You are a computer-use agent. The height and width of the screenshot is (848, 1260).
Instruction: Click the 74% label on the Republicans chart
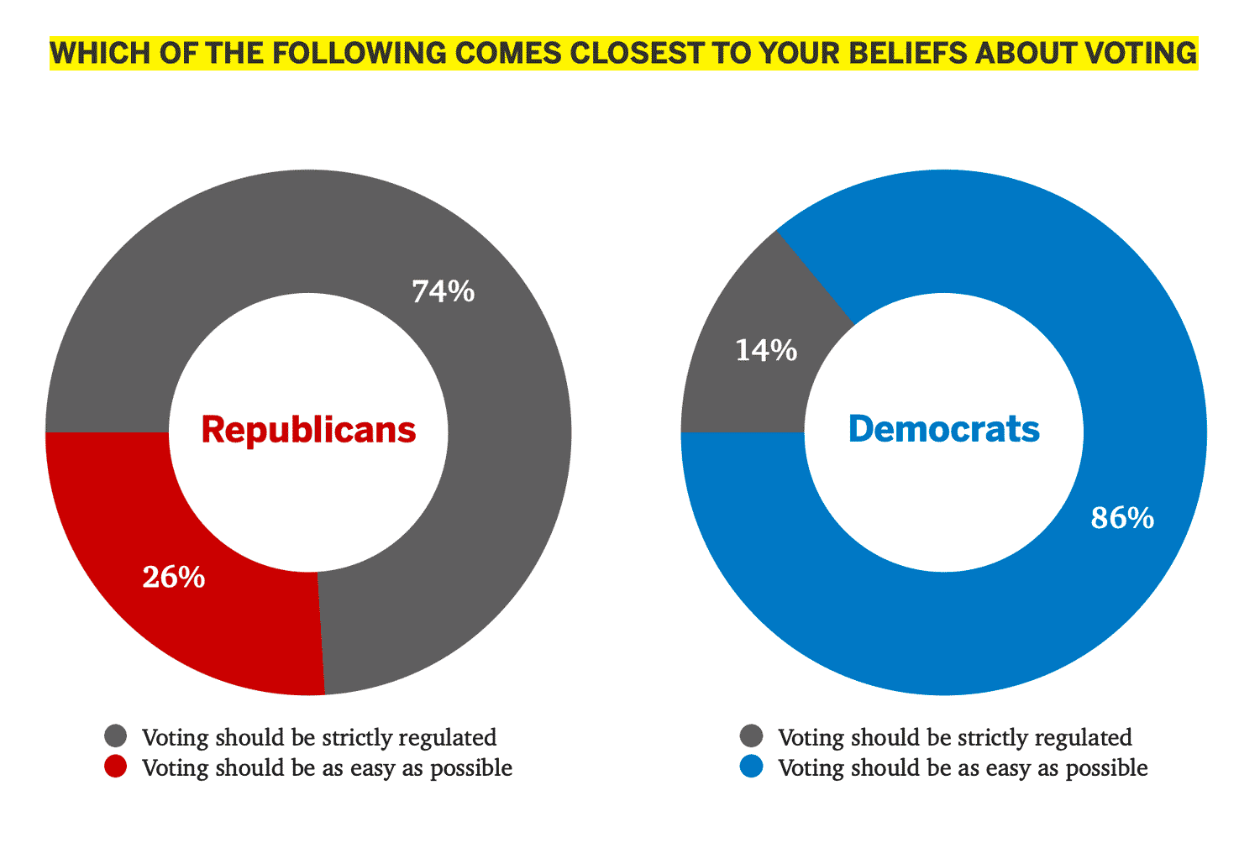click(443, 291)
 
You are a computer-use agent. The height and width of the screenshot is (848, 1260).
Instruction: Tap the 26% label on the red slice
click(174, 577)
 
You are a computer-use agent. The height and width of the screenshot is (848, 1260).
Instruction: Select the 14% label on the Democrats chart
click(765, 350)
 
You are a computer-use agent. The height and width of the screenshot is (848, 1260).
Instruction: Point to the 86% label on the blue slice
click(1122, 518)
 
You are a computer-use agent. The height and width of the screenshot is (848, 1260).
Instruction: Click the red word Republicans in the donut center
click(308, 430)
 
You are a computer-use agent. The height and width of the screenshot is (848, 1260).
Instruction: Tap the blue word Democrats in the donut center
click(943, 430)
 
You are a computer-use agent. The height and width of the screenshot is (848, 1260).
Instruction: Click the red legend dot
click(116, 767)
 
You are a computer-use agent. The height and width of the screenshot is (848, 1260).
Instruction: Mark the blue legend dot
click(752, 767)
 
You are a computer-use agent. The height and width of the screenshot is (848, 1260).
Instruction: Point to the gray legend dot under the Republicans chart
click(116, 736)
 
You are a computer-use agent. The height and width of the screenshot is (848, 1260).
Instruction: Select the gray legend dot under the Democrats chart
click(752, 736)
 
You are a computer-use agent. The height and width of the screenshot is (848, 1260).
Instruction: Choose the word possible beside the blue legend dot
click(1106, 768)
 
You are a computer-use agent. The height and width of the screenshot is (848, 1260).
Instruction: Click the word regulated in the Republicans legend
click(447, 738)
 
